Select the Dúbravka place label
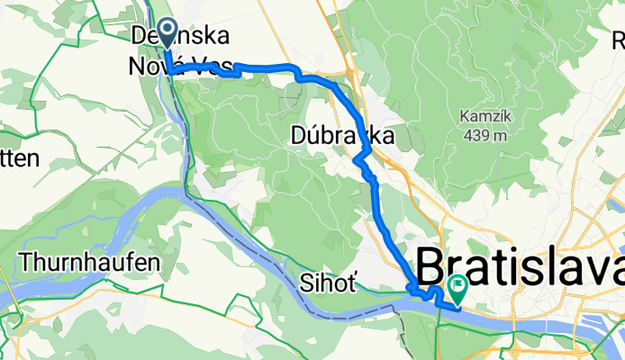pyautogui.click(x=343, y=136)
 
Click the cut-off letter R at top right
pyautogui.click(x=619, y=40)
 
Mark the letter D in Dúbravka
pyautogui.click(x=302, y=136)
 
